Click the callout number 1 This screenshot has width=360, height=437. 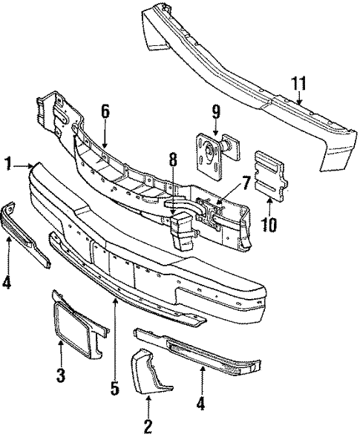(x=9, y=163)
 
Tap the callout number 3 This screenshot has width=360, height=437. (x=61, y=375)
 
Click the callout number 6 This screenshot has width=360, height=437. (x=105, y=112)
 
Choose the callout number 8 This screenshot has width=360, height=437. (x=173, y=160)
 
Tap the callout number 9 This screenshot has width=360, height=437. (x=216, y=112)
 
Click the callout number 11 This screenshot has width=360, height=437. (x=298, y=83)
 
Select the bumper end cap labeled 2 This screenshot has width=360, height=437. (x=149, y=372)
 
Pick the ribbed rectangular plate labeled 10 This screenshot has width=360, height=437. (x=271, y=176)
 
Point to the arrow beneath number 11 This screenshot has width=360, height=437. (x=299, y=97)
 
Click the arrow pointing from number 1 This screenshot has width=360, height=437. (x=23, y=166)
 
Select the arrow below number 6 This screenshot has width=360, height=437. (x=105, y=134)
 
